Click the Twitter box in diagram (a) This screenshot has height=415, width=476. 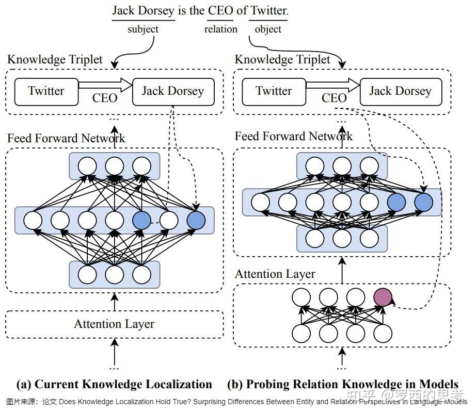click(46, 91)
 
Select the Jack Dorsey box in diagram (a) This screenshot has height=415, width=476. click(172, 91)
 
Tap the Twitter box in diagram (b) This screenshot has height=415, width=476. click(274, 91)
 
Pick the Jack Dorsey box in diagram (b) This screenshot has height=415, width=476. click(400, 91)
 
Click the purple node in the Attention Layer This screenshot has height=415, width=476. click(383, 297)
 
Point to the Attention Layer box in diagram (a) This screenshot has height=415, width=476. click(114, 324)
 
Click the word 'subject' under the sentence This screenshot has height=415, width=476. click(143, 29)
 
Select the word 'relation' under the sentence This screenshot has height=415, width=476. click(220, 29)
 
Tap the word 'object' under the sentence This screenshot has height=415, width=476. click(268, 29)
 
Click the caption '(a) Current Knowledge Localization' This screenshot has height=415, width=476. click(114, 384)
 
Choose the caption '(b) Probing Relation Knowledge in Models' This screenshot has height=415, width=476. click(342, 384)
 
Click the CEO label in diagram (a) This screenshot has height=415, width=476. click(105, 97)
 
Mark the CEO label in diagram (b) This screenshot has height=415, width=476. click(334, 97)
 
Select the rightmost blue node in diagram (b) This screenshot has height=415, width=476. click(423, 202)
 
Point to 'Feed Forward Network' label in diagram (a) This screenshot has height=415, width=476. click(66, 138)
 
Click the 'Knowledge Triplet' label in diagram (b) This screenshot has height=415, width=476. click(282, 60)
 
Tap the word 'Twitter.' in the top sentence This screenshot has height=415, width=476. click(269, 10)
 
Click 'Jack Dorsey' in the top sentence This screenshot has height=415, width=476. click(143, 10)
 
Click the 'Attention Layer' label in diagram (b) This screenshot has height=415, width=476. click(275, 274)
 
